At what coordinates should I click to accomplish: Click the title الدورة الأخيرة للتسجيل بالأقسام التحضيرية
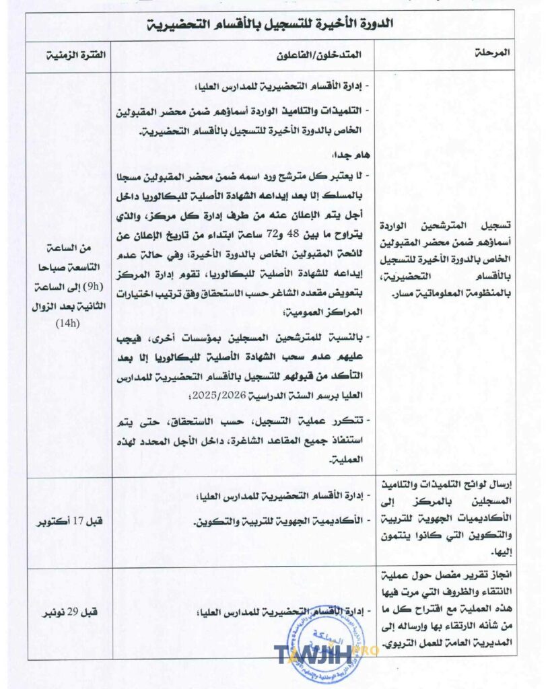point(270,24)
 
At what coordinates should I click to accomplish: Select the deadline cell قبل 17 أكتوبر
point(68,520)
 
